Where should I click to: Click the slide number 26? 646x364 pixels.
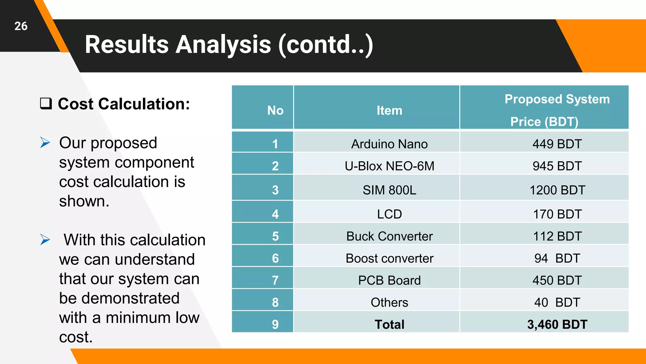[21, 26]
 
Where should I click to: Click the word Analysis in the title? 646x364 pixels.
[223, 45]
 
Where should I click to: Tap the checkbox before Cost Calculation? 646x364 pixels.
[46, 104]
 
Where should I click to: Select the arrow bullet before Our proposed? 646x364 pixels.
[45, 143]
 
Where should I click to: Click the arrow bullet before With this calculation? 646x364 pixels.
[45, 240]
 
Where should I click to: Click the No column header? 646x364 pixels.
[275, 110]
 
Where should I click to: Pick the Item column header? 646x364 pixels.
[389, 110]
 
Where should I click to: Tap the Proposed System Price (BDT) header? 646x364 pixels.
[557, 110]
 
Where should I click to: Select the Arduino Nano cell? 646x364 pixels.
[389, 144]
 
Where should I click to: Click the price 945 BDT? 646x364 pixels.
[557, 166]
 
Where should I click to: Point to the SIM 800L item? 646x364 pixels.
[389, 190]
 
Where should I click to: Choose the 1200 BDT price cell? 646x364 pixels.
[557, 190]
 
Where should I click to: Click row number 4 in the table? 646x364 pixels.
[275, 214]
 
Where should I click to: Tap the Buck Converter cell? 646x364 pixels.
[389, 236]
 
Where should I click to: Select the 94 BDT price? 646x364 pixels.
[557, 258]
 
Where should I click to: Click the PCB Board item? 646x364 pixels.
[389, 281]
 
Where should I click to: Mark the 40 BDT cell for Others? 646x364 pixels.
[557, 303]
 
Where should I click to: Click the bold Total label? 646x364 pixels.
[389, 325]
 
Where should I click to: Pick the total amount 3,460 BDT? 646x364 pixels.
[557, 325]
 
